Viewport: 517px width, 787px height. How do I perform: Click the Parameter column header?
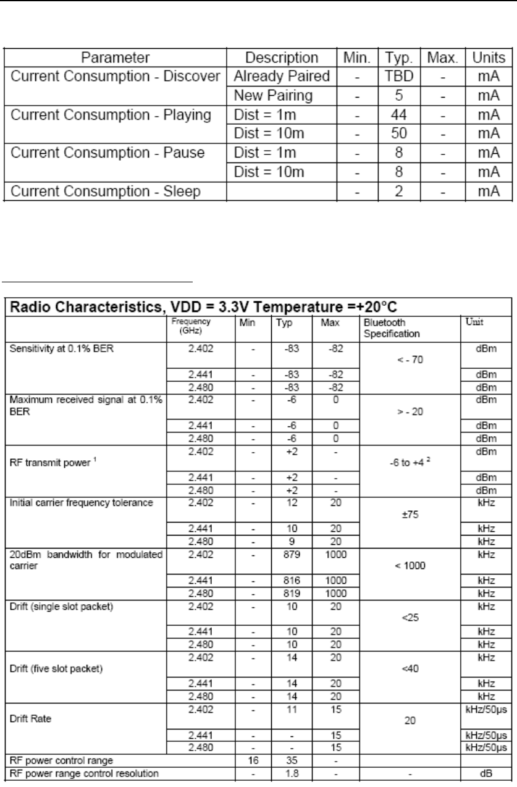(116, 59)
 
